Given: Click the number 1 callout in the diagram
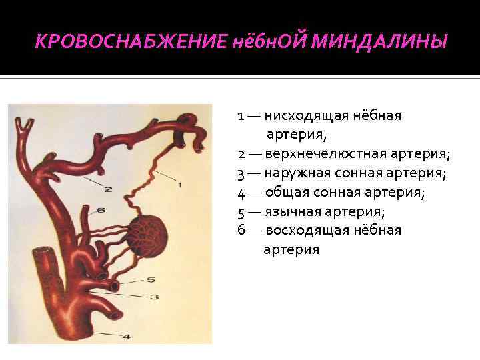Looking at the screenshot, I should [179, 184].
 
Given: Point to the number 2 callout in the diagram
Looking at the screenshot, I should [107, 189].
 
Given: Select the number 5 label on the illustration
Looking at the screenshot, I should [151, 280].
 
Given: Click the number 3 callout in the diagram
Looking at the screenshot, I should [153, 297].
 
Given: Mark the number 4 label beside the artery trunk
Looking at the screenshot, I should [126, 337].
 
